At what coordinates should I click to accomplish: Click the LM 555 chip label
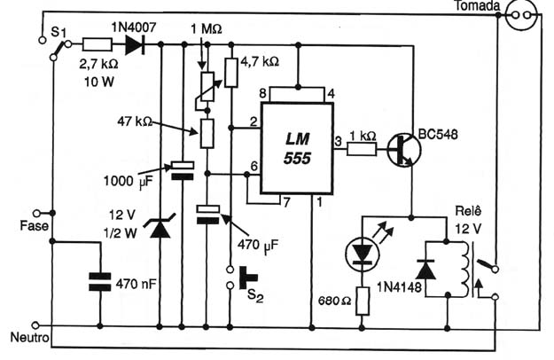tap(297, 149)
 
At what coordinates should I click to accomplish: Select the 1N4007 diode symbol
tap(135, 45)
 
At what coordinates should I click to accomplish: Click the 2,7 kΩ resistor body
tap(98, 45)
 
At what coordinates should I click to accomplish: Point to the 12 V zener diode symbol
tap(160, 225)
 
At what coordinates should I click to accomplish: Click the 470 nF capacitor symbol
tap(100, 282)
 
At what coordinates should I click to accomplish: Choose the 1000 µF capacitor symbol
tap(183, 171)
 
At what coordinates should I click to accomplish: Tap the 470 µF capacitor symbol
tap(208, 215)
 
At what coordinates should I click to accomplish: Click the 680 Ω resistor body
tap(363, 301)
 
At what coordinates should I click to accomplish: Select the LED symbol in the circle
tap(363, 254)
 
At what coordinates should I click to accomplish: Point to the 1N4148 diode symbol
tap(425, 270)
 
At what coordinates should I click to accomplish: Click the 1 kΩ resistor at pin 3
tap(362, 150)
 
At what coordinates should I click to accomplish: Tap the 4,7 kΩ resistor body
tap(231, 73)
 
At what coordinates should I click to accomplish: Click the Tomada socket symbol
tap(521, 15)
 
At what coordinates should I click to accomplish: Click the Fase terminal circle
tap(36, 213)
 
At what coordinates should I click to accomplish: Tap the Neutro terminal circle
tap(35, 325)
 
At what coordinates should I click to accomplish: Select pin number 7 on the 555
tap(286, 202)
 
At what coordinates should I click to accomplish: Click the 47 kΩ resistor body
tap(207, 133)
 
